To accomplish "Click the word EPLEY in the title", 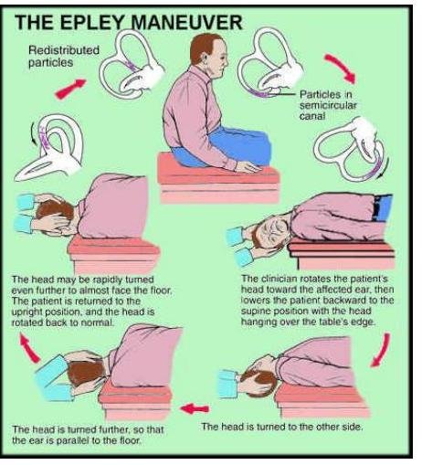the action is click(x=95, y=22).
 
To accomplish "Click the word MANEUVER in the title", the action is click(x=186, y=22).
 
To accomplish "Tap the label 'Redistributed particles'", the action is click(x=64, y=57).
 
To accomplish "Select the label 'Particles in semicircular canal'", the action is click(x=328, y=105).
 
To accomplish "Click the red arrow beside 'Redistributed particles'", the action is click(x=70, y=89).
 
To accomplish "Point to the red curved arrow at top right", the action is click(x=341, y=69).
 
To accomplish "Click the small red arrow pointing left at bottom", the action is click(x=195, y=408).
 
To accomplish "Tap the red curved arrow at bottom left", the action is click(x=29, y=348).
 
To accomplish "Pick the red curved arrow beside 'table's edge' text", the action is click(x=381, y=350).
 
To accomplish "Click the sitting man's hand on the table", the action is click(x=248, y=167).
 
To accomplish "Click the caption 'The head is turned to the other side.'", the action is click(x=282, y=427).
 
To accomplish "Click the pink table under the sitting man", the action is click(x=218, y=179).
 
